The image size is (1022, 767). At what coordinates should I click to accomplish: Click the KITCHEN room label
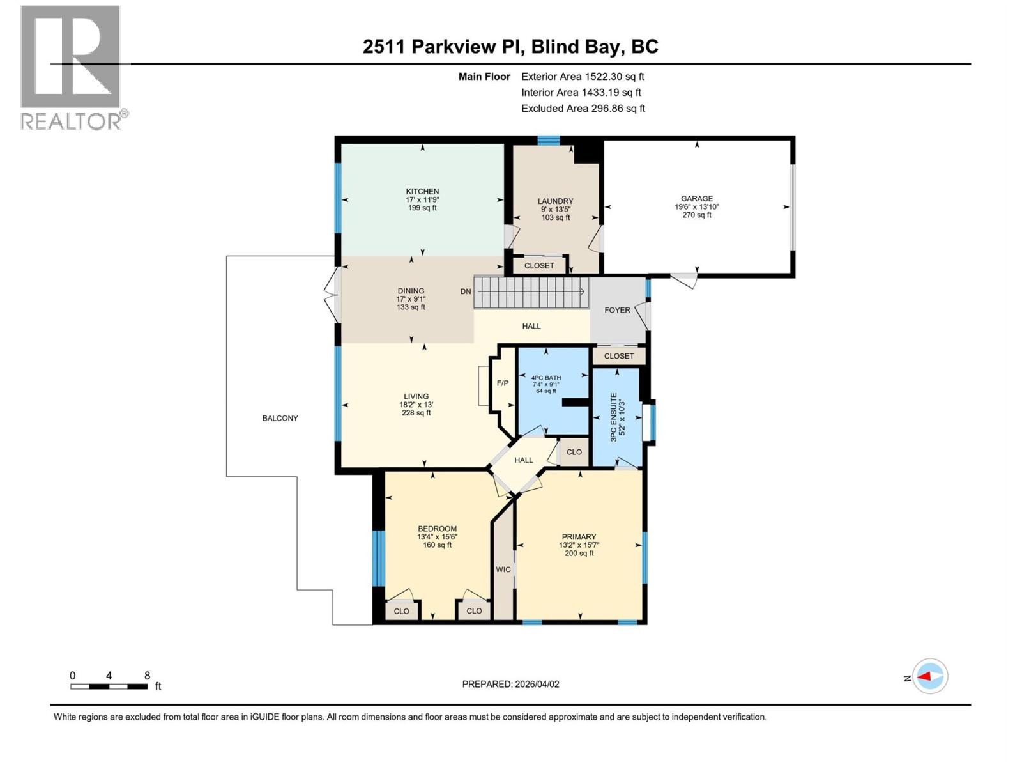coord(422,191)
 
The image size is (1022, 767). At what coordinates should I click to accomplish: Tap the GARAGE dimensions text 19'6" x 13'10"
coord(696,206)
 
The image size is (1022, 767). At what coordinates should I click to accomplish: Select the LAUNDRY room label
coord(555,201)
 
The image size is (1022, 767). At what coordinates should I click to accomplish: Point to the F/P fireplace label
coord(503,383)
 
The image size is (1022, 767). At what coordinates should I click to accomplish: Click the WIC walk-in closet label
coord(503,569)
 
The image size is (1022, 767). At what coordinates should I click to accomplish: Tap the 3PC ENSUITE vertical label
coord(614,417)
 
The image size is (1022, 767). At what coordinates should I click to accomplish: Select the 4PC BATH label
coord(545,378)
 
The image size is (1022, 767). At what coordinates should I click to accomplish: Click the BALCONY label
coord(280,418)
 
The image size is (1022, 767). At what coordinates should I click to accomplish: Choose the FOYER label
coord(617,310)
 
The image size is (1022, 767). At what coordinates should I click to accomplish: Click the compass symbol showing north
coord(930,676)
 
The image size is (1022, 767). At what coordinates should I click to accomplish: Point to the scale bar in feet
coord(109,686)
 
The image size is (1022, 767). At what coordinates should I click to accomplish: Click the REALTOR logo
coord(71,67)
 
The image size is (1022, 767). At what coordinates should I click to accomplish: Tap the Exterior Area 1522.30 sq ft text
coord(583,77)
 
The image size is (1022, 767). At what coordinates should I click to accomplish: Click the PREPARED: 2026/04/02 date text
coord(510,684)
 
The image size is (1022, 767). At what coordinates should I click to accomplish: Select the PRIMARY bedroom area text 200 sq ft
coord(579,554)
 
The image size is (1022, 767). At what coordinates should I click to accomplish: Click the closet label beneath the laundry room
coord(539,265)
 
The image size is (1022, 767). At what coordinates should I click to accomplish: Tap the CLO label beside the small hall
coord(574,452)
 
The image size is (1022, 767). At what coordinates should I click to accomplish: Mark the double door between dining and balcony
coord(332,295)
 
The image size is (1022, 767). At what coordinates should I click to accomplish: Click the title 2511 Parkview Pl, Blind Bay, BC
coord(510,47)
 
